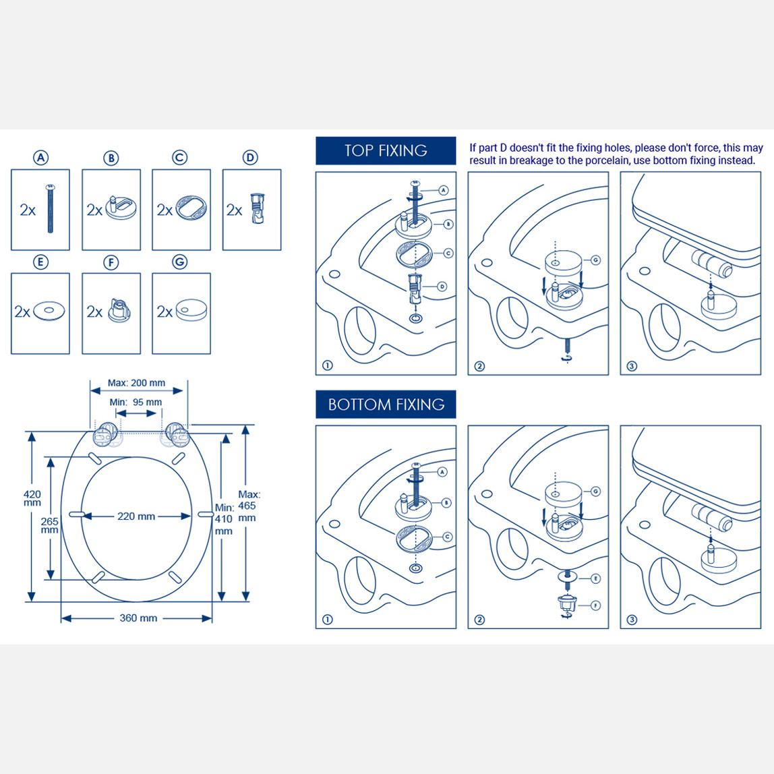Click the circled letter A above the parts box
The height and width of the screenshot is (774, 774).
point(40,158)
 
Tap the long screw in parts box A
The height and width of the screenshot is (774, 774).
point(50,208)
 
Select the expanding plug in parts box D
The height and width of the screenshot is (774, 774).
point(257,208)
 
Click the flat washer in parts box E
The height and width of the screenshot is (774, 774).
point(49,311)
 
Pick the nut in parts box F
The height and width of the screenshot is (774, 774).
point(119,311)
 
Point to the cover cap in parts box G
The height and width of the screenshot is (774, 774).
point(191,310)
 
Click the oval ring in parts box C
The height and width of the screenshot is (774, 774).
point(191,208)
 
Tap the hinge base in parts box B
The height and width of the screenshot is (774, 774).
point(121,208)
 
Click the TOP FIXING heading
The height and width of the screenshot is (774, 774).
point(386,150)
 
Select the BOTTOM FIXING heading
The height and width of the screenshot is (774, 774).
point(386,405)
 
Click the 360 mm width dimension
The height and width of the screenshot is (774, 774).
point(138,618)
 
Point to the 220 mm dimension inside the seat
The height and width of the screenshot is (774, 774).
point(136,516)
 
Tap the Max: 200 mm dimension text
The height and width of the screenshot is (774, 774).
point(137,382)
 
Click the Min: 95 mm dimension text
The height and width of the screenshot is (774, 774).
point(136,403)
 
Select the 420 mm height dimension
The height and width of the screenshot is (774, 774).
point(32,498)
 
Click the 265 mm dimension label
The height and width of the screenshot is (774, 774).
point(49,525)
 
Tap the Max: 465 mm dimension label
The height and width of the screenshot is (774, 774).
point(249,506)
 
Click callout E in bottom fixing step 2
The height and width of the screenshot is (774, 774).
point(596,578)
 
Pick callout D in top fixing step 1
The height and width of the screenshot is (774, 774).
point(442,287)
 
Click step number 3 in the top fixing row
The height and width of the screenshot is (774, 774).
point(632,366)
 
